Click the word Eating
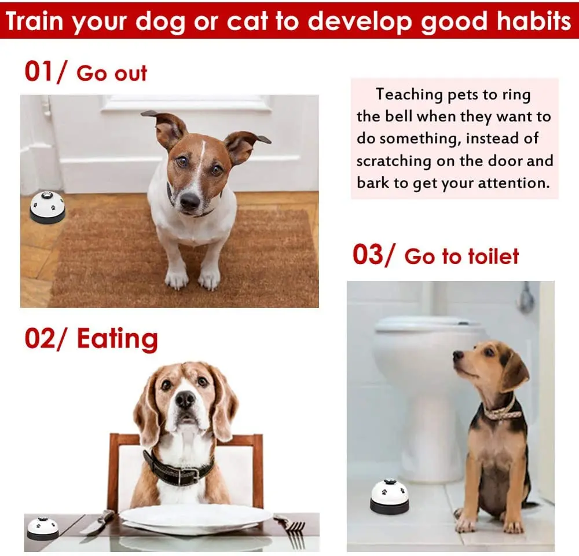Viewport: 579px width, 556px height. click(x=117, y=339)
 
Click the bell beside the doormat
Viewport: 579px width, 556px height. click(x=47, y=207)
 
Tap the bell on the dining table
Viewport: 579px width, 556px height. click(x=42, y=528)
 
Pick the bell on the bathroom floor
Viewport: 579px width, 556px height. click(x=389, y=496)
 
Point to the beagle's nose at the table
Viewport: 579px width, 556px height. click(x=185, y=399)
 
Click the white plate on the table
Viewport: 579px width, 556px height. click(x=195, y=515)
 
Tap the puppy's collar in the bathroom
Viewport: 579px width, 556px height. click(x=502, y=411)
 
